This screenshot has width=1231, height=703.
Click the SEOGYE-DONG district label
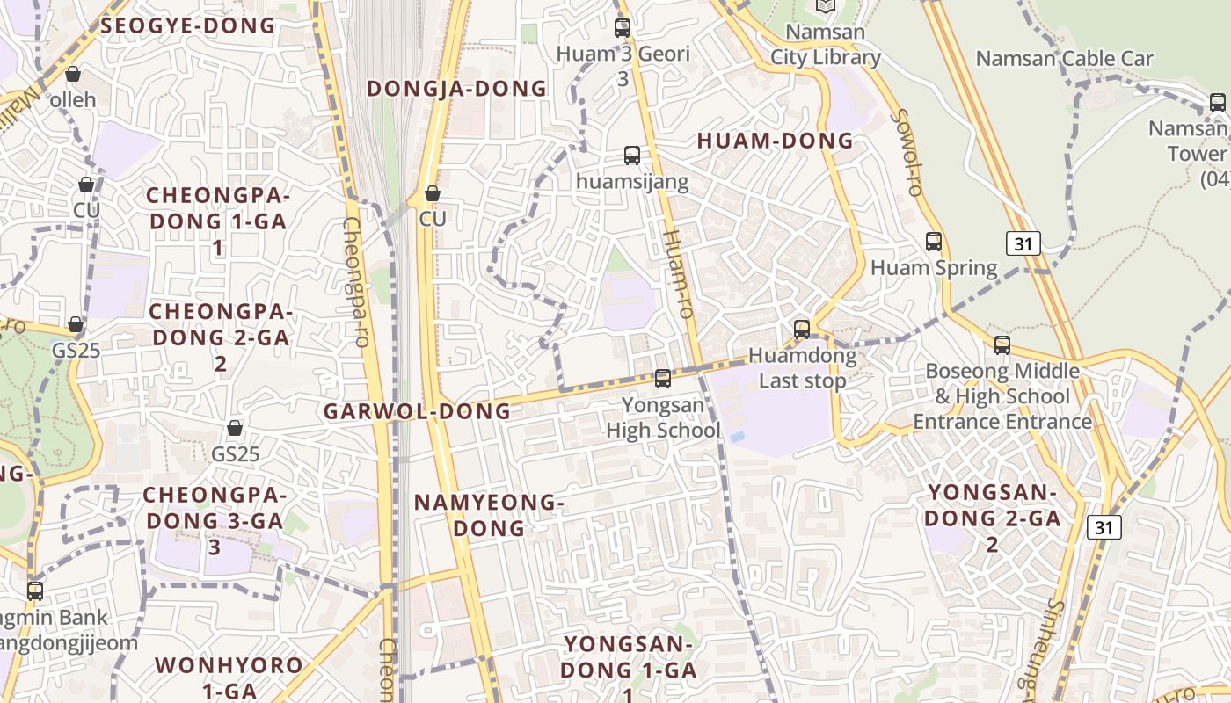coord(188,25)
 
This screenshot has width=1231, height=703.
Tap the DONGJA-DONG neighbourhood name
coord(456,89)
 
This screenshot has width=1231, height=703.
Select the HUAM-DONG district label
coord(775,141)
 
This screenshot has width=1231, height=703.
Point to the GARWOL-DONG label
coord(417,411)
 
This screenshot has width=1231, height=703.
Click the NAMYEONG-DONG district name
coord(489,515)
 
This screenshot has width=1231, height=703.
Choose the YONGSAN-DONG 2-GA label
coord(992,518)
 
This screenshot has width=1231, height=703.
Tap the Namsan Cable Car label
coord(1064,59)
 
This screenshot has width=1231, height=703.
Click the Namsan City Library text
coord(825,45)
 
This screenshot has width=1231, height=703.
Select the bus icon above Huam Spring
coord(934,241)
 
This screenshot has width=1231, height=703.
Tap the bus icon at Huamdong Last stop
coord(802,330)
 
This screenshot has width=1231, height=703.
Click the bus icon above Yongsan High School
coord(663,379)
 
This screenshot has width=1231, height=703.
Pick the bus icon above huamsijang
coord(632,156)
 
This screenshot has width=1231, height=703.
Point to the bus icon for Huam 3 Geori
coord(623,27)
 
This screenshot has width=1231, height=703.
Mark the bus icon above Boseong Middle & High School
coord(1002,345)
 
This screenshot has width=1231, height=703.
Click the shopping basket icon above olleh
coord(73,74)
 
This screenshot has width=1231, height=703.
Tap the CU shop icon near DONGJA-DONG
coord(432,193)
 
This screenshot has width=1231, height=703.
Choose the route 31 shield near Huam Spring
coord(1023,243)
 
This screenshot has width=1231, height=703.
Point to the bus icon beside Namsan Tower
coord(1217,103)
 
